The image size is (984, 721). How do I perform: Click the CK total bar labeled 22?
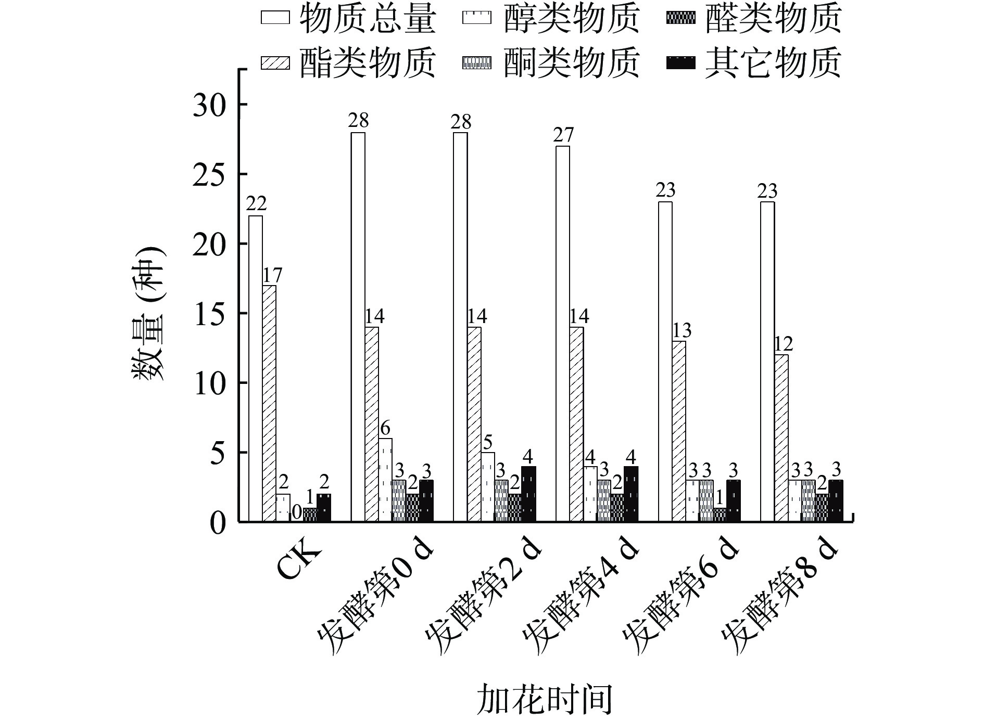coord(255,368)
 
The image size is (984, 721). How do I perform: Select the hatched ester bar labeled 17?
coord(269,403)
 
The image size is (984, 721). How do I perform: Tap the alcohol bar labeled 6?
coord(385,480)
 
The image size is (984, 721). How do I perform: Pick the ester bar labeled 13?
coord(679,431)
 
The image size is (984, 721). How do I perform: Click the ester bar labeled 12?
coord(781,438)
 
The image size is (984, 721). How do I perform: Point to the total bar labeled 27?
coord(563,333)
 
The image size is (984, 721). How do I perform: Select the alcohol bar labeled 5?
coord(488,487)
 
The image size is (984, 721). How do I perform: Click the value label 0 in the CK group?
coord(296,512)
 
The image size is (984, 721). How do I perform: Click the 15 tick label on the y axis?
coord(211,314)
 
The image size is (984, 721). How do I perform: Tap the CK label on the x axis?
coord(298,562)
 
